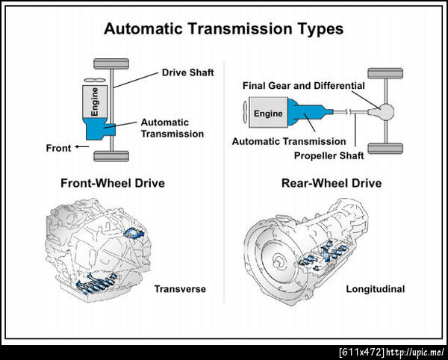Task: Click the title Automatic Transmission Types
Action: click(x=224, y=29)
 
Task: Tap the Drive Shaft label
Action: click(x=187, y=72)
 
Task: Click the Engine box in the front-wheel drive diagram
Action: click(x=95, y=102)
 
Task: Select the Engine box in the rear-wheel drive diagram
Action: click(x=268, y=112)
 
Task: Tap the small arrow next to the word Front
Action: click(x=82, y=147)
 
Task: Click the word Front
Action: click(x=58, y=149)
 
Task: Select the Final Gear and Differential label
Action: click(x=304, y=86)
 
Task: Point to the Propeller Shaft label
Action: click(x=329, y=156)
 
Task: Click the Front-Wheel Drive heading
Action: click(x=113, y=183)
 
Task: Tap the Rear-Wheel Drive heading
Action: click(x=332, y=183)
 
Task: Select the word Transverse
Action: click(x=180, y=289)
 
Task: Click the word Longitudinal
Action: click(x=376, y=289)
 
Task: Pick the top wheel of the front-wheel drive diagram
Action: click(x=111, y=63)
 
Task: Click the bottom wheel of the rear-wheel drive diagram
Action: click(x=385, y=149)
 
